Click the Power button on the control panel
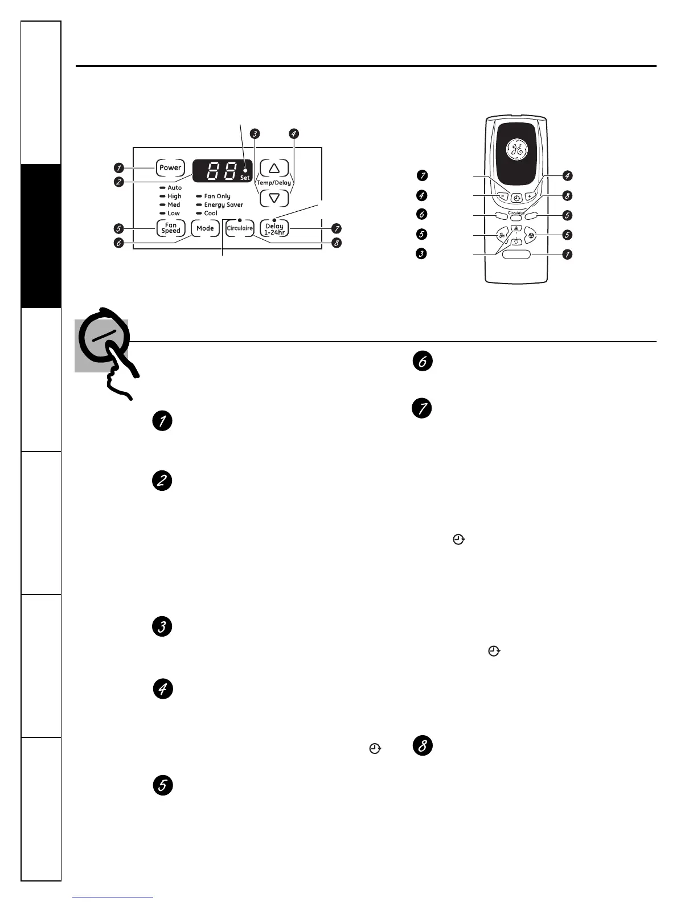[170, 168]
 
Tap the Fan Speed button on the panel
[170, 228]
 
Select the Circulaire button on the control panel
[240, 228]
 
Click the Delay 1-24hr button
[274, 229]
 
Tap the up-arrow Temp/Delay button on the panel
[274, 168]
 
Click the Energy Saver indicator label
[223, 205]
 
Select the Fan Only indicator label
[217, 196]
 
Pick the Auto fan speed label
[174, 188]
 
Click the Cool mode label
[211, 214]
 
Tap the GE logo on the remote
[516, 150]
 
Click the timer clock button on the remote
[516, 199]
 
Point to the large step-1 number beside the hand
[162, 421]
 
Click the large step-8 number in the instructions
[423, 746]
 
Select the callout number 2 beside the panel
[118, 182]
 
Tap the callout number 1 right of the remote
[567, 255]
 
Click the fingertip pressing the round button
[117, 356]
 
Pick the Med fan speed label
[174, 205]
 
